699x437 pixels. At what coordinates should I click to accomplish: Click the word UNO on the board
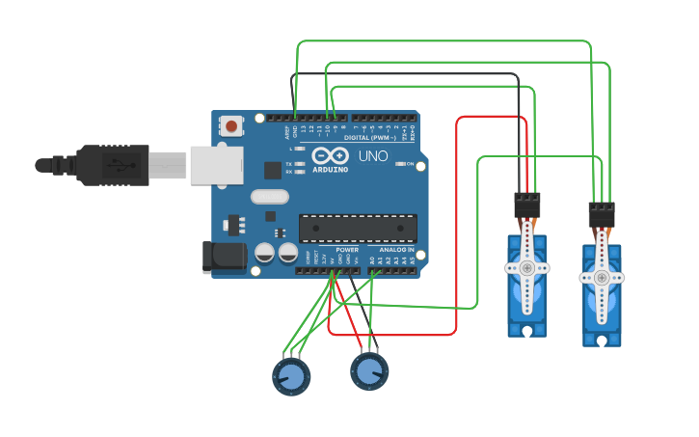tap(373, 156)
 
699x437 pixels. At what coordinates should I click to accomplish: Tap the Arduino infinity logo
tap(329, 156)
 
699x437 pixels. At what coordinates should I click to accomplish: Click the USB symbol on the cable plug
tap(116, 163)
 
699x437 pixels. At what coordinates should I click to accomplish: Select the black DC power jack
tap(221, 256)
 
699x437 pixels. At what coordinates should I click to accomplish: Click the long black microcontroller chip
tap(358, 229)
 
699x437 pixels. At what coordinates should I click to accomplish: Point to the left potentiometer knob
tap(290, 375)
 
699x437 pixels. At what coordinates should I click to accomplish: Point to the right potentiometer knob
tap(368, 370)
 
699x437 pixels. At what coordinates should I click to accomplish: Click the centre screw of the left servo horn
tap(527, 267)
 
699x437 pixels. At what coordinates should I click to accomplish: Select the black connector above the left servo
tap(526, 205)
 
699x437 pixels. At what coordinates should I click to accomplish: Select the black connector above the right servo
tap(601, 214)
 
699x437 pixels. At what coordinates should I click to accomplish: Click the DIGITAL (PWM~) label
tap(382, 138)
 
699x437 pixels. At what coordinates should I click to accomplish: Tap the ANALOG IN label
tap(397, 249)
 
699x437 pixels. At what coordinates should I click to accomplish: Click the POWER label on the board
tap(347, 249)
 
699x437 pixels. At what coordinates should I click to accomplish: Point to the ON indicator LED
tap(400, 164)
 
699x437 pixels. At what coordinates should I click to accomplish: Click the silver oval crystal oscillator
tap(269, 197)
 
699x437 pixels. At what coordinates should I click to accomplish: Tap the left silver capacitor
tap(264, 253)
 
